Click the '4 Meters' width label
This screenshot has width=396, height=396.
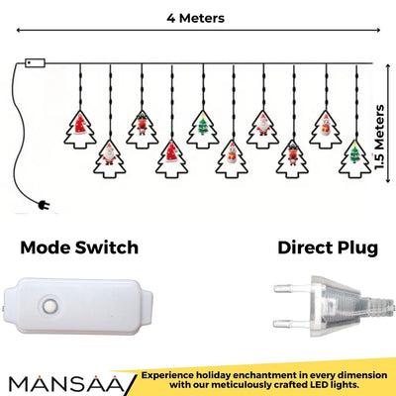coord(195,18)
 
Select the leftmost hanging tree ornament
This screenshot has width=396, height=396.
coord(81,124)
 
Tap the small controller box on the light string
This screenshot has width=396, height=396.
coord(35,62)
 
